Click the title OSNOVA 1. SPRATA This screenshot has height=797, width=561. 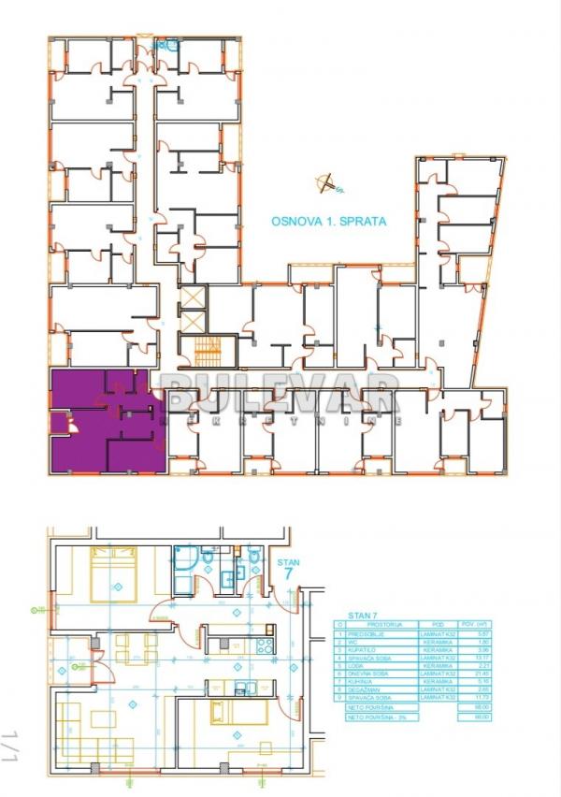[x=328, y=222]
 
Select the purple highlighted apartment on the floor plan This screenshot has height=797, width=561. [x=105, y=421]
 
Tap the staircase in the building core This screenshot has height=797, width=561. [x=207, y=355]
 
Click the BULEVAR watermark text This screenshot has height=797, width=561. [x=280, y=393]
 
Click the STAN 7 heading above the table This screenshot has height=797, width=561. [x=360, y=615]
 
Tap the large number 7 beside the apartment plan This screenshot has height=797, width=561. [x=289, y=573]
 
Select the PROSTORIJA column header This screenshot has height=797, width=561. [x=384, y=624]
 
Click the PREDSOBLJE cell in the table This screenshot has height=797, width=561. [x=384, y=633]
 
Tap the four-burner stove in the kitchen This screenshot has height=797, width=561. [x=264, y=645]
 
